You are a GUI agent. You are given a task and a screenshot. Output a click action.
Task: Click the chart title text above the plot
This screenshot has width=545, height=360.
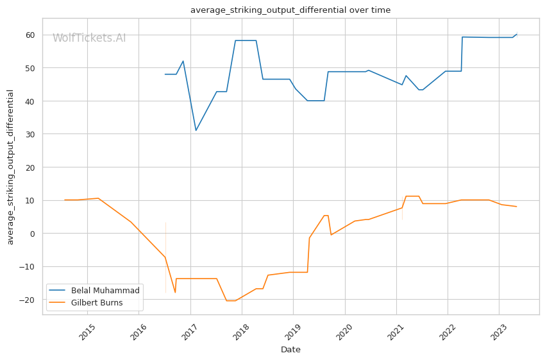pos(290,10)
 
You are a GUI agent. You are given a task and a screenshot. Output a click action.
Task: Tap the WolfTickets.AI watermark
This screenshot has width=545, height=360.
pos(89,38)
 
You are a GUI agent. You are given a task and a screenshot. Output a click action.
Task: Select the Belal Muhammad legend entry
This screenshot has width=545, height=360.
pos(104,291)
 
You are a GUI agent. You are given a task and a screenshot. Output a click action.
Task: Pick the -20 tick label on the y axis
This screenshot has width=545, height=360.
pos(29,300)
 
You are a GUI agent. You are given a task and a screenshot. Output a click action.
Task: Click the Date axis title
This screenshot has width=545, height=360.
pos(290,350)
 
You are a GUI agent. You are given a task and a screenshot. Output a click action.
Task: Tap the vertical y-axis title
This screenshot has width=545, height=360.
pos(11,167)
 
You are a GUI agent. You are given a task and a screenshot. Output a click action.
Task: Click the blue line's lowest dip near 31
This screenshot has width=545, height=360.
pos(196,131)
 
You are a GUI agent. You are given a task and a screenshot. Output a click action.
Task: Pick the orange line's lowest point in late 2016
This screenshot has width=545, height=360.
pos(175,293)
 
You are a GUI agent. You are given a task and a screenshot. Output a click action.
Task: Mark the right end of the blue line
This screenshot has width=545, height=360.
pos(517,34)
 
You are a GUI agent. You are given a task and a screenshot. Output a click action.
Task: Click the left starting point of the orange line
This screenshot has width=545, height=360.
pos(65,200)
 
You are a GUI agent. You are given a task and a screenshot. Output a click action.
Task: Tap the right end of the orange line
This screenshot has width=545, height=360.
pos(517,207)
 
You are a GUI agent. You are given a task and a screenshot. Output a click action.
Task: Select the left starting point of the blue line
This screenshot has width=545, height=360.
pos(165,74)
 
